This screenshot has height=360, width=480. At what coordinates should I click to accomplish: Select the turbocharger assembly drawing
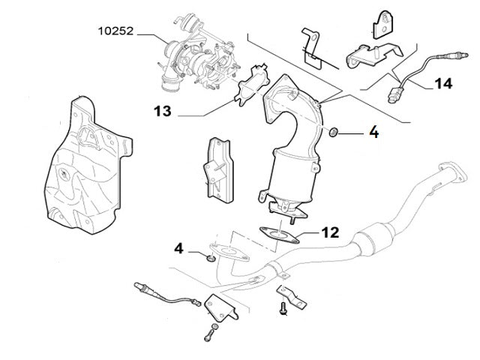196,50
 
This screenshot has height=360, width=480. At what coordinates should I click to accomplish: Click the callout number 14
442,83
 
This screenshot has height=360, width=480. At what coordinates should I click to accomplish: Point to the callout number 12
330,233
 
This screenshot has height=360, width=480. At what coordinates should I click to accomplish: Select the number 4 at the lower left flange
178,247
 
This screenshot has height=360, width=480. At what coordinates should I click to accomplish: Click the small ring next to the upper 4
333,133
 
